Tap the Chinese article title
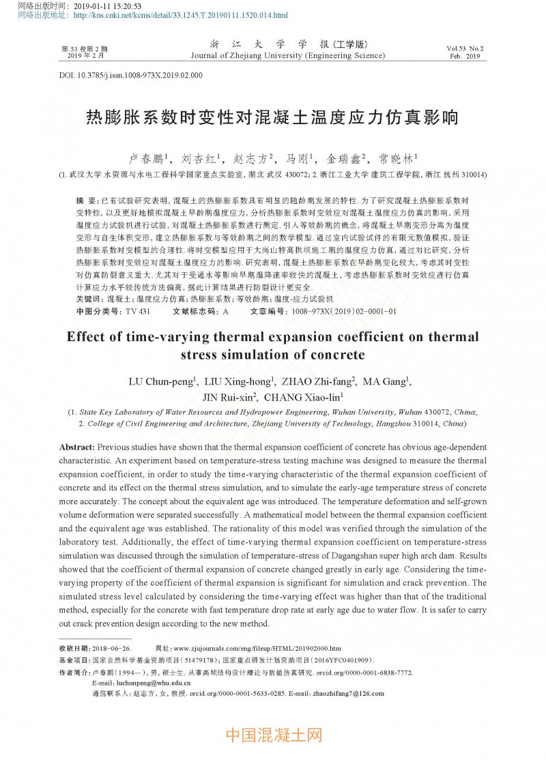272,117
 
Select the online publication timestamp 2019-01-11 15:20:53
113,5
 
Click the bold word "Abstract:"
77,447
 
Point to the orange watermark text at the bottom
273,735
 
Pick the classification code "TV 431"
138,311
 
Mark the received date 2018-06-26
109,648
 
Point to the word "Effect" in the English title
87,338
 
